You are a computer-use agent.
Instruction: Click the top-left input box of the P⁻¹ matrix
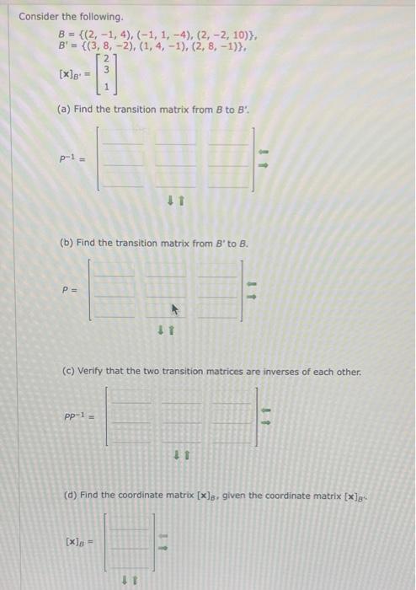pos(124,138)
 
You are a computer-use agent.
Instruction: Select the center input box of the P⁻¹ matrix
pos(175,158)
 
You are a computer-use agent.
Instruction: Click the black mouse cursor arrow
pos(176,309)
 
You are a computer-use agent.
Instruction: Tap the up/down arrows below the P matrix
pos(165,330)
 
